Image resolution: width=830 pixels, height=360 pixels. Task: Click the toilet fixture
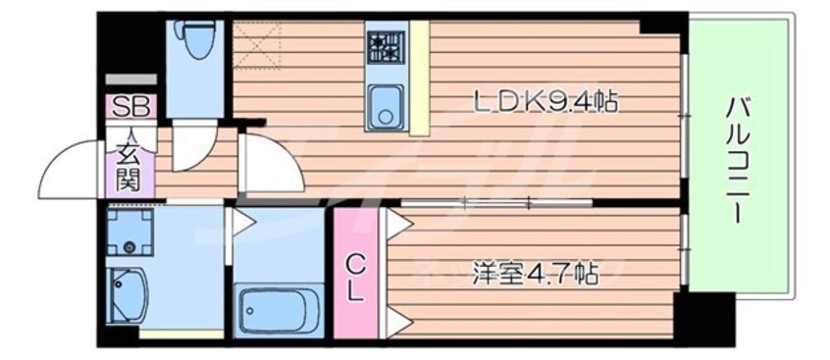tap(197, 38)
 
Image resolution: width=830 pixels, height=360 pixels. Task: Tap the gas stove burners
tap(387, 48)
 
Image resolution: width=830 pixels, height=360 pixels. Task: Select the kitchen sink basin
tap(387, 106)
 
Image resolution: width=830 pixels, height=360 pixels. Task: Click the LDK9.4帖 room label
tap(545, 102)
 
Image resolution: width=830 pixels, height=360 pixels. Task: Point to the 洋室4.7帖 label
tap(535, 273)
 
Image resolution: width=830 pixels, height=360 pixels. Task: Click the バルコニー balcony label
tap(738, 158)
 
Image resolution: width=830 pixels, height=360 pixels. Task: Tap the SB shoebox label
tap(130, 107)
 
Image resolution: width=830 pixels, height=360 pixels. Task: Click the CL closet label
tap(356, 277)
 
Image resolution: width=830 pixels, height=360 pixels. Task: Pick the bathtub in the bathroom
tap(279, 310)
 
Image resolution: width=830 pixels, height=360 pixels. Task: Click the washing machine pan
tap(130, 231)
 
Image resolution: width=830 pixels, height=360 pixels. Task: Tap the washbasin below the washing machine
tap(127, 295)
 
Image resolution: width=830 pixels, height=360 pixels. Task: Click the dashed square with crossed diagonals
tap(257, 45)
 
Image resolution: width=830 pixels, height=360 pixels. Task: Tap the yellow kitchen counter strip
tap(419, 78)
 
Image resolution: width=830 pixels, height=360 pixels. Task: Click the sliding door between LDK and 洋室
tap(496, 202)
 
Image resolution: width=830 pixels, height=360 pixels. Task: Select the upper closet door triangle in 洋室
tap(399, 224)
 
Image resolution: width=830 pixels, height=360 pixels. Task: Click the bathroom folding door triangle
tap(243, 222)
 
